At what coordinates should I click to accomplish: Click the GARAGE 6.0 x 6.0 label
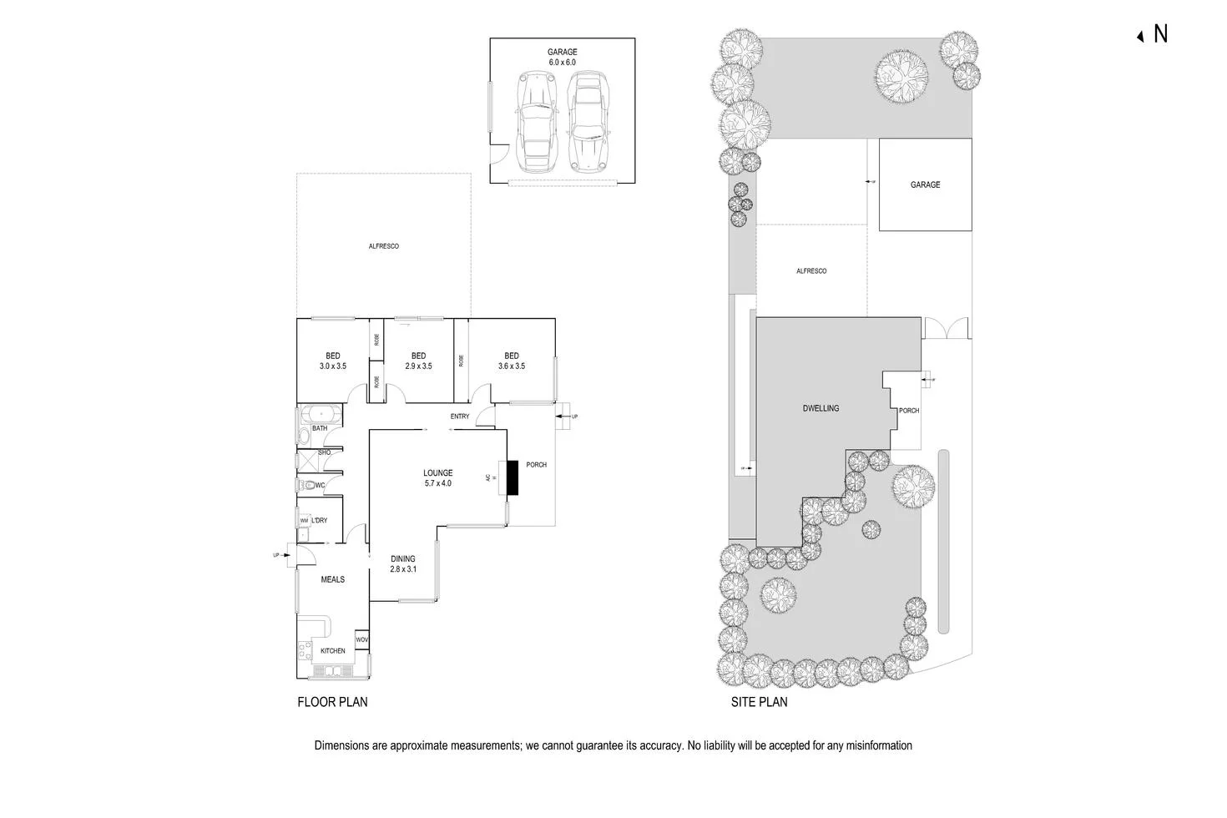click(x=562, y=57)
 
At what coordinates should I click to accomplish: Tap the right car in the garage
click(x=588, y=120)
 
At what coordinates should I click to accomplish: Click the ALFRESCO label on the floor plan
click(x=384, y=246)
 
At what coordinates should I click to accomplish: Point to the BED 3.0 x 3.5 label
click(x=332, y=361)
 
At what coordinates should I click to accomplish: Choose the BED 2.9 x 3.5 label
click(x=418, y=361)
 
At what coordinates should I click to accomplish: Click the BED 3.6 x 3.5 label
click(x=511, y=361)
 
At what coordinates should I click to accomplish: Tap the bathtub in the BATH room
click(x=318, y=414)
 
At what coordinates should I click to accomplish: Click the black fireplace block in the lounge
click(x=512, y=477)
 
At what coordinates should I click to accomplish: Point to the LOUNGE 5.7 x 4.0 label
click(x=437, y=478)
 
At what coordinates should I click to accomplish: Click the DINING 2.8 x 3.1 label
click(x=402, y=564)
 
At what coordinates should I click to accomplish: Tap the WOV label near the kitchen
click(x=361, y=640)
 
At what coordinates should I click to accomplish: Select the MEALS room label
click(x=332, y=579)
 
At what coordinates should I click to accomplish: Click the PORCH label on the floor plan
click(x=536, y=465)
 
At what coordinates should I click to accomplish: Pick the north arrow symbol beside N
click(x=1140, y=36)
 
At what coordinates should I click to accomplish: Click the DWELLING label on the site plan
click(x=821, y=408)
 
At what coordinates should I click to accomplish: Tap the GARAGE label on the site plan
click(x=925, y=184)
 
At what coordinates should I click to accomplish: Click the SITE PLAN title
click(x=759, y=702)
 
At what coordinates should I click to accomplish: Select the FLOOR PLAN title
click(x=332, y=702)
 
